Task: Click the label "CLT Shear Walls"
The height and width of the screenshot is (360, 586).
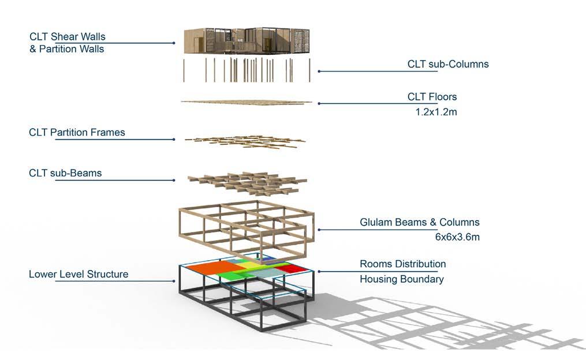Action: [x=67, y=37]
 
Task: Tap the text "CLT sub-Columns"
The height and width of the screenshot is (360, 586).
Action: [x=448, y=64]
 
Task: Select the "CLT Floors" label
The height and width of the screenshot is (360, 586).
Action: [x=432, y=97]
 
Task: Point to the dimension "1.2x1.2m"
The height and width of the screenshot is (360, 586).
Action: [x=436, y=112]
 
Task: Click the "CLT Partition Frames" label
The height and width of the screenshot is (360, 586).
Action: [x=77, y=133]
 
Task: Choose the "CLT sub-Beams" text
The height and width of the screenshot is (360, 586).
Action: [x=65, y=172]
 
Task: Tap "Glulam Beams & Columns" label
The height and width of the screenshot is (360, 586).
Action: [x=420, y=222]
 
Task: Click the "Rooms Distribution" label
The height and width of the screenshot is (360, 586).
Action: [x=403, y=264]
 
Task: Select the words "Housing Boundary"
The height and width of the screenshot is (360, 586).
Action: [x=402, y=279]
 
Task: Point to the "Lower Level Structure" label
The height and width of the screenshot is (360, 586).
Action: [x=79, y=274]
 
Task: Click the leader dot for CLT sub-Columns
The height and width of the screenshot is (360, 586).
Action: [x=319, y=72]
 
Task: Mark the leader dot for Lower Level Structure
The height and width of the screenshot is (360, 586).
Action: [x=174, y=281]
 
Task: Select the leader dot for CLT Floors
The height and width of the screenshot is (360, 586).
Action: [x=319, y=104]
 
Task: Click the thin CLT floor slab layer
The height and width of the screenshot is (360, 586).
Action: [x=247, y=103]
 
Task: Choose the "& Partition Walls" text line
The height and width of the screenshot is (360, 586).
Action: [x=67, y=49]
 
